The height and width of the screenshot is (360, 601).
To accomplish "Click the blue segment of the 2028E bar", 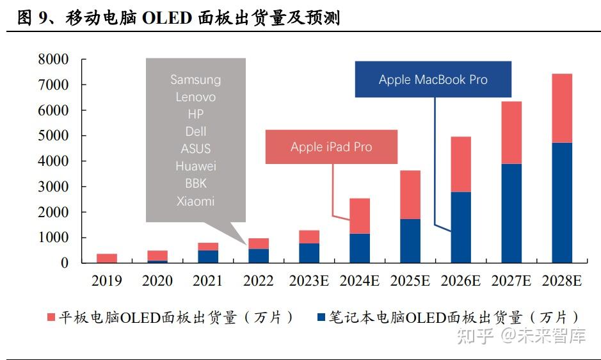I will pos(561,202).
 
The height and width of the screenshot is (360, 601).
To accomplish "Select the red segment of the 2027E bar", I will pos(511,133).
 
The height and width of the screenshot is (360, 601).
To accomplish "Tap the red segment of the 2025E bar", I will pos(410,195).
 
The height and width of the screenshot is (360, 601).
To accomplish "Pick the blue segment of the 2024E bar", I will pos(360,248).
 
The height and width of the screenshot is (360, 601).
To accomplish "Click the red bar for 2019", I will pos(107,258).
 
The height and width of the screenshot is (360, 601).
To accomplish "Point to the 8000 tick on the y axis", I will pos(53,60).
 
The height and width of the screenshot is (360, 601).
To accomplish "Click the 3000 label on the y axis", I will pos(53,186).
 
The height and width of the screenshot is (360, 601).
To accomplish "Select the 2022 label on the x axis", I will pos(258,281).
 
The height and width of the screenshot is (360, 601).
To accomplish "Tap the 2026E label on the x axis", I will pos(460,281).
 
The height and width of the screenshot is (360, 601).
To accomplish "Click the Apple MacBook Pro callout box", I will pos(433,80).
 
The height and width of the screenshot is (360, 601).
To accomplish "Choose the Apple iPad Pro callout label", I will pos(331,147).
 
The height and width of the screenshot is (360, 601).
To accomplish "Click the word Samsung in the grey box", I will pos(195,80).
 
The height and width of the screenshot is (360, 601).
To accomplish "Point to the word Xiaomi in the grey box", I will pos(195,201).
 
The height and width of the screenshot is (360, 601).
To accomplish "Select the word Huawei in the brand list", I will pos(195,167).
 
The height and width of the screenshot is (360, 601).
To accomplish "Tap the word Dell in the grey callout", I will pos(195,132).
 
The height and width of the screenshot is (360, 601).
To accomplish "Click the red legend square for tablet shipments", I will pos(52,318).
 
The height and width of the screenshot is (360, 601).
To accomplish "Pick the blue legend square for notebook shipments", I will pos(322,318).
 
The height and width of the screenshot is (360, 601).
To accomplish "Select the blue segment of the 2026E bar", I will pos(461,227).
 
